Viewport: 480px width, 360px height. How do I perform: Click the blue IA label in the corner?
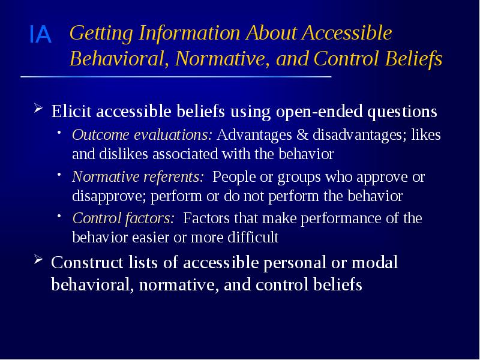(41, 35)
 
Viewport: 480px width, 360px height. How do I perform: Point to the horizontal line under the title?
(176, 77)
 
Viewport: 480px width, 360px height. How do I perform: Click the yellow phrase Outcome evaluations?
(143, 136)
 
